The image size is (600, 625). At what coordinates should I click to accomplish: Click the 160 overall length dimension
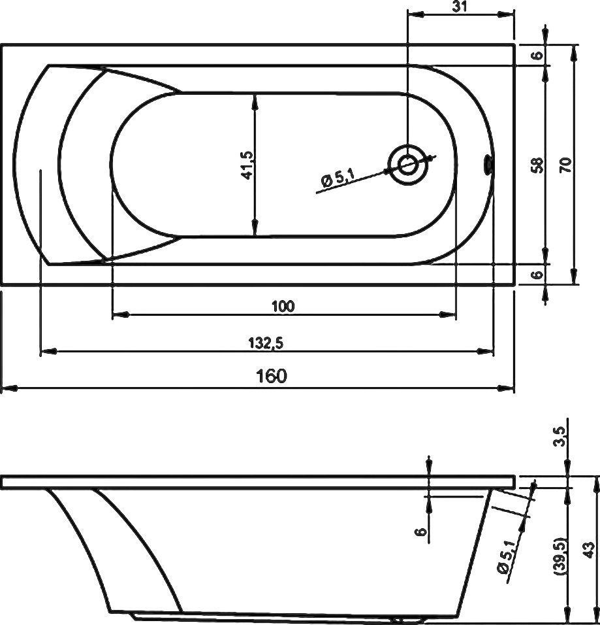tap(272, 377)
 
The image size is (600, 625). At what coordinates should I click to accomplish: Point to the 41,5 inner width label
tap(246, 164)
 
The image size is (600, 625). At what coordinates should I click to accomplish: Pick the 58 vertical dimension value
tap(537, 164)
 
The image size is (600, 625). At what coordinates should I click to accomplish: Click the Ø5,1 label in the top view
tap(338, 177)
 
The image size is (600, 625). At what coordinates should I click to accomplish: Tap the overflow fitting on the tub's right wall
tap(487, 165)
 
